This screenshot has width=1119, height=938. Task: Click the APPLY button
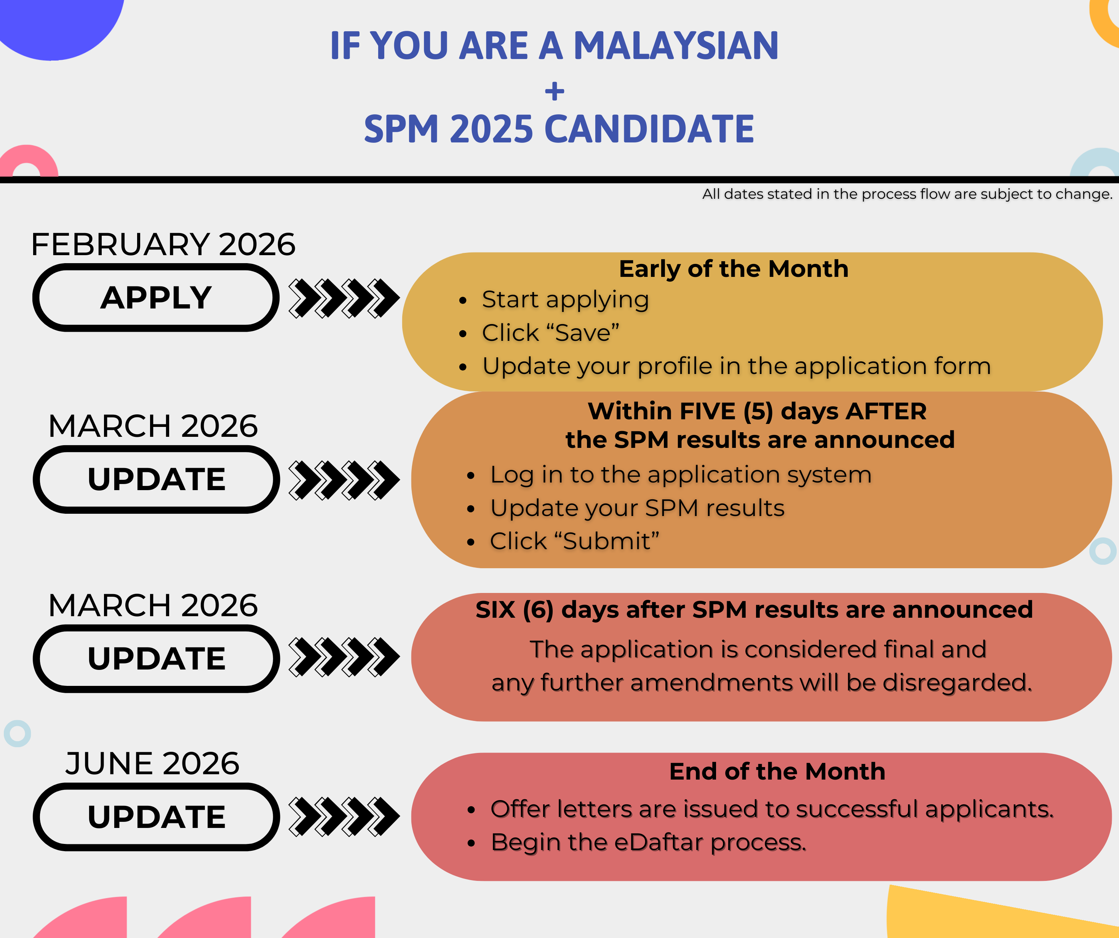[x=156, y=297]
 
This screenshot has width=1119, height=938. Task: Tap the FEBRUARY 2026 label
[x=163, y=244]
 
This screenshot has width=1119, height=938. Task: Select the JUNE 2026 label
[x=152, y=763]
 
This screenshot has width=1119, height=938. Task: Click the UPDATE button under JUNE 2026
[x=156, y=817]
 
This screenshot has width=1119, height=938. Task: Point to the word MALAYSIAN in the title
[x=676, y=45]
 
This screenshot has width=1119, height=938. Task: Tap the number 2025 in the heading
[x=491, y=129]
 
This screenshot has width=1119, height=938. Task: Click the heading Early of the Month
[x=733, y=268]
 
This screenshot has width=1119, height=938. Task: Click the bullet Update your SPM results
[x=637, y=508]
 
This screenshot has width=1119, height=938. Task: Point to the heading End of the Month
[x=777, y=771]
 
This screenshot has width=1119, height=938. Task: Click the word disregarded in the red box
[x=957, y=683]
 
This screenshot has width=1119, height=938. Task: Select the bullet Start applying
[x=565, y=299]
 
